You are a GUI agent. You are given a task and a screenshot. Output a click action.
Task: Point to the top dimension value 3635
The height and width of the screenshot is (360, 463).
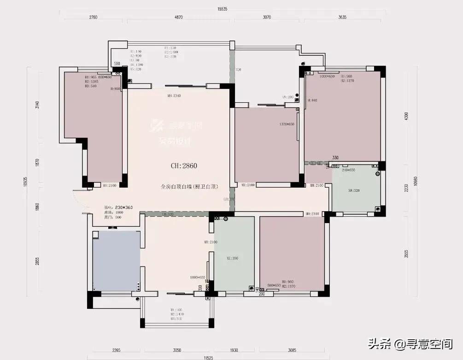pos(342,17)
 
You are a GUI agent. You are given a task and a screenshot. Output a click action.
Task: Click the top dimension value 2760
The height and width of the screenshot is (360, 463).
pos(93,17)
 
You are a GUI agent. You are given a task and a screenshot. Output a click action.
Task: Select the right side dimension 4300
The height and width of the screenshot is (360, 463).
pos(406,115)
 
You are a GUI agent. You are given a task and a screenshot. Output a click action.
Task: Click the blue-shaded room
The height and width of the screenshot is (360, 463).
pos(116,260)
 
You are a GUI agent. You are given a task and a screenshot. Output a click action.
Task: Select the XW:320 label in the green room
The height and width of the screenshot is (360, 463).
pos(353,190)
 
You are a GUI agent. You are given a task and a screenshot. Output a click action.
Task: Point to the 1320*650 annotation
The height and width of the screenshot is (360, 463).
pos(287,124)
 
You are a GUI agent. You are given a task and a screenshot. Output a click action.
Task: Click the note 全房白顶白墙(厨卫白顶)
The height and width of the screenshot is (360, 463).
pos(189,187)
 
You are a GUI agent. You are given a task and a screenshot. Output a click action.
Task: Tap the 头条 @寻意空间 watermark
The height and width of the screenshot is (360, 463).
pos(410,343)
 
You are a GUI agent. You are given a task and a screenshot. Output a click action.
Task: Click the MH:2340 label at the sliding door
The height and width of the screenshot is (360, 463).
pos(173,96)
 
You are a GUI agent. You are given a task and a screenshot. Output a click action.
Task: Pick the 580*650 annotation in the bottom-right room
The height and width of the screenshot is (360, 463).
pos(274,286)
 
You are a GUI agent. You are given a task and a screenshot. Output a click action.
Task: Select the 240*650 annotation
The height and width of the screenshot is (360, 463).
pos(348,170)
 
